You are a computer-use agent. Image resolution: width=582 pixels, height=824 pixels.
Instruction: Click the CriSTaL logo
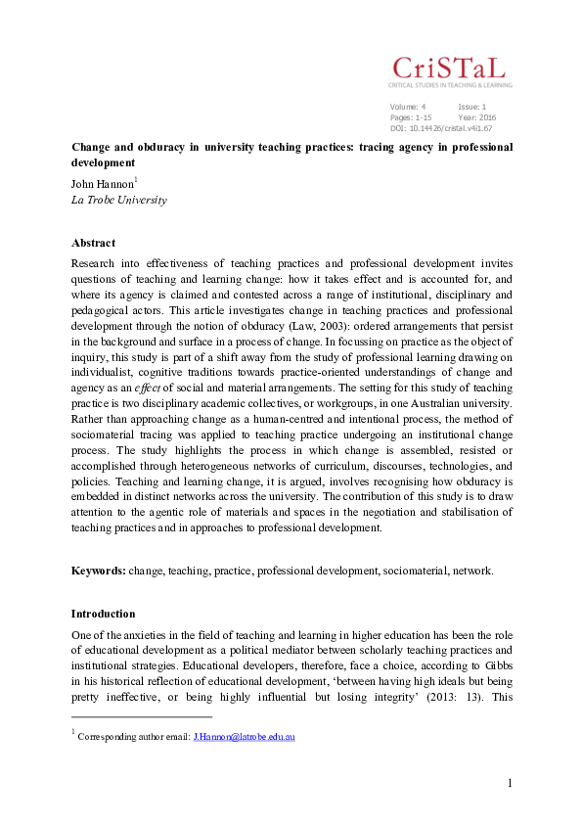pyautogui.click(x=450, y=69)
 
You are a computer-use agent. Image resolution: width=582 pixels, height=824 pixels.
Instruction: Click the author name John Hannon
pyautogui.click(x=103, y=183)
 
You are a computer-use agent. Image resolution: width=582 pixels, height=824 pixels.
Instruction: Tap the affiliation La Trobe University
pyautogui.click(x=118, y=200)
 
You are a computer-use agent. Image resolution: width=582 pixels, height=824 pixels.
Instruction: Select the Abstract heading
pyautogui.click(x=93, y=243)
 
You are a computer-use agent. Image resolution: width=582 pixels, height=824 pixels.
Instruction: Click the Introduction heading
pyautogui.click(x=103, y=614)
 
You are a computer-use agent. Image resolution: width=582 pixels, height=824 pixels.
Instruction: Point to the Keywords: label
pyautogui.click(x=98, y=570)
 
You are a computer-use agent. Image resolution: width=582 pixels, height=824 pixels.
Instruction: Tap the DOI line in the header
pyautogui.click(x=440, y=127)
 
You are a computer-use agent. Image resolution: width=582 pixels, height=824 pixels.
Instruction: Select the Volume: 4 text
pyautogui.click(x=408, y=106)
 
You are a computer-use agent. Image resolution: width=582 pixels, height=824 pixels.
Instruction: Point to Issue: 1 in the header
pyautogui.click(x=472, y=106)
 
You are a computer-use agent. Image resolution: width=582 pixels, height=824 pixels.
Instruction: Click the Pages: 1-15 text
pyautogui.click(x=411, y=116)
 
